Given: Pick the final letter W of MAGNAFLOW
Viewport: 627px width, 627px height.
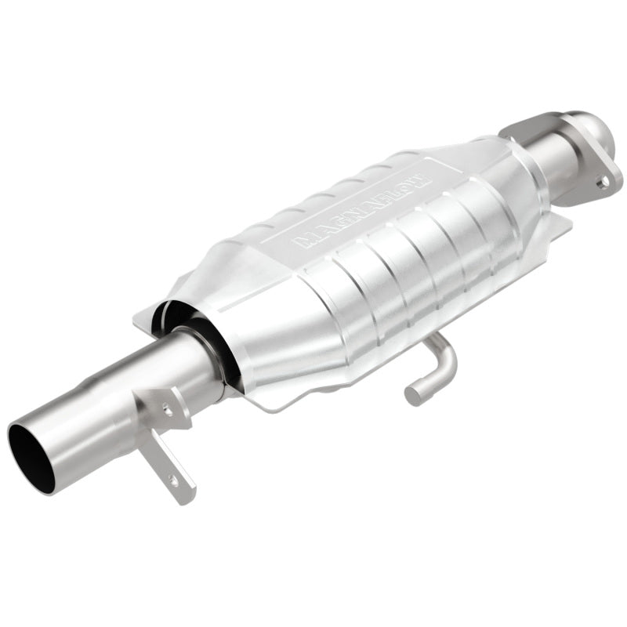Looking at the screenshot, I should [423, 179].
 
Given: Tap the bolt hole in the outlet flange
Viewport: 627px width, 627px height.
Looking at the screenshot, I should [603, 182].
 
